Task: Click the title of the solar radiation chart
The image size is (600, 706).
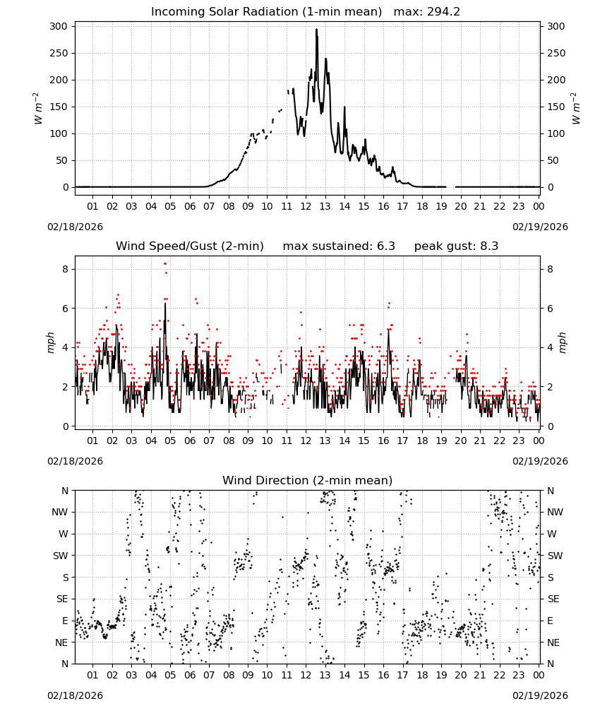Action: pos(266,12)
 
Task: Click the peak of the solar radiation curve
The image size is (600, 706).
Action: pos(316,30)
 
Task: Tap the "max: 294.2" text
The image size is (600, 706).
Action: pos(427,12)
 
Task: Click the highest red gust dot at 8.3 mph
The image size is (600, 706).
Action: pos(165,263)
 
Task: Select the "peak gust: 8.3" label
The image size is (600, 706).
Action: pos(456,246)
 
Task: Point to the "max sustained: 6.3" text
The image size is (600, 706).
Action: pos(339,246)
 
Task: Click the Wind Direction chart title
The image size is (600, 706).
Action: pos(308,480)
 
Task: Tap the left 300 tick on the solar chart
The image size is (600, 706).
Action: pos(59,27)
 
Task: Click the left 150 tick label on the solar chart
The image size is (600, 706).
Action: pos(59,107)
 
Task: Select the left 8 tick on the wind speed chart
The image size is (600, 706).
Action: pos(65,269)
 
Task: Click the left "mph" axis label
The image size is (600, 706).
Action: pos(50,343)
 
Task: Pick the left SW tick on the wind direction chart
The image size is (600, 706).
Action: pos(60,556)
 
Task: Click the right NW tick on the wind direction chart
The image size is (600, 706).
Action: pos(555,513)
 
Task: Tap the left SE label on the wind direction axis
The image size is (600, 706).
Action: pos(62,599)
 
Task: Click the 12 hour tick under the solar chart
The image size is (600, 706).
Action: pos(306,206)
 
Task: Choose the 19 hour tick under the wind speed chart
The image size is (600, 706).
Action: pos(442,441)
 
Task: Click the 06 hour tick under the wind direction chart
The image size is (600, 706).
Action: pos(190,675)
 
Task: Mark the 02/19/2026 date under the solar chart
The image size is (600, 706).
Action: pos(540,227)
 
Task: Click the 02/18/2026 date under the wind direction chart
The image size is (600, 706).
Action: pos(75,695)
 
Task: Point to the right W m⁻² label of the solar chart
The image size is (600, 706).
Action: pos(575,109)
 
